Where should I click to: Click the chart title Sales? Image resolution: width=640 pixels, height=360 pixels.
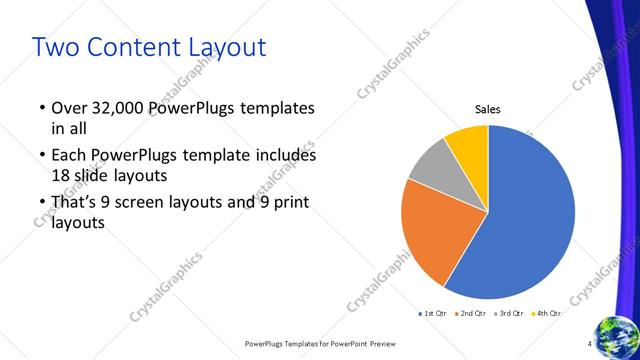(x=487, y=109)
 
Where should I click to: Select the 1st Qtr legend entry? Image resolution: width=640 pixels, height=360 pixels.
(x=432, y=313)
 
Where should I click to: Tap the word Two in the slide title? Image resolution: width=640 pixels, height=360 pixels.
(x=53, y=46)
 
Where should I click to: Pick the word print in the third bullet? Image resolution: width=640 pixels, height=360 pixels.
(x=286, y=203)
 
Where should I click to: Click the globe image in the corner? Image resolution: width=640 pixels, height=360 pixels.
(x=617, y=335)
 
